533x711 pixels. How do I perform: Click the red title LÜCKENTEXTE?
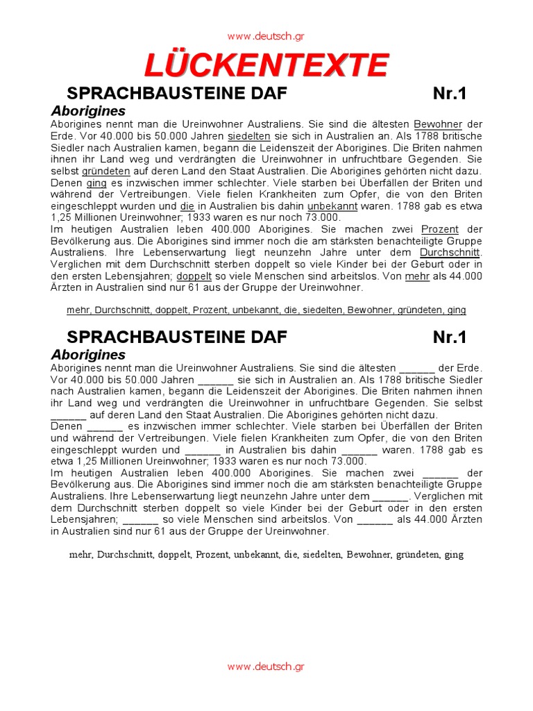tap(266, 66)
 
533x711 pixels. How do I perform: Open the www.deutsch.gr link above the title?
tap(266, 36)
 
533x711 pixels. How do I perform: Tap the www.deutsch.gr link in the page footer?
tap(266, 667)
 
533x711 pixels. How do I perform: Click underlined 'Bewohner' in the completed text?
tap(437, 124)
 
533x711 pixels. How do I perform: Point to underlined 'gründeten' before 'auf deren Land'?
tap(105, 171)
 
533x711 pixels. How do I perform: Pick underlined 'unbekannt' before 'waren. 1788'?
tap(332, 206)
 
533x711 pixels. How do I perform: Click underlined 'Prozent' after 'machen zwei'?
tap(440, 229)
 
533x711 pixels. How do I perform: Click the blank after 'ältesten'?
tap(417, 368)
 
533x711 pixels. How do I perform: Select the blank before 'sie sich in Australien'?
tap(216, 380)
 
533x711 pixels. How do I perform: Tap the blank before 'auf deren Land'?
tap(68, 415)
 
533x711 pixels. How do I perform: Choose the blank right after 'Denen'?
tap(105, 426)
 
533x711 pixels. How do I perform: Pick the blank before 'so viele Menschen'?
tap(141, 519)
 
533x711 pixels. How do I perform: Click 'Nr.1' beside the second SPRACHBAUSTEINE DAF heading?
tap(450, 337)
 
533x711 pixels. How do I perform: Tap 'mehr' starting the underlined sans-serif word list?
tap(78, 310)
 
